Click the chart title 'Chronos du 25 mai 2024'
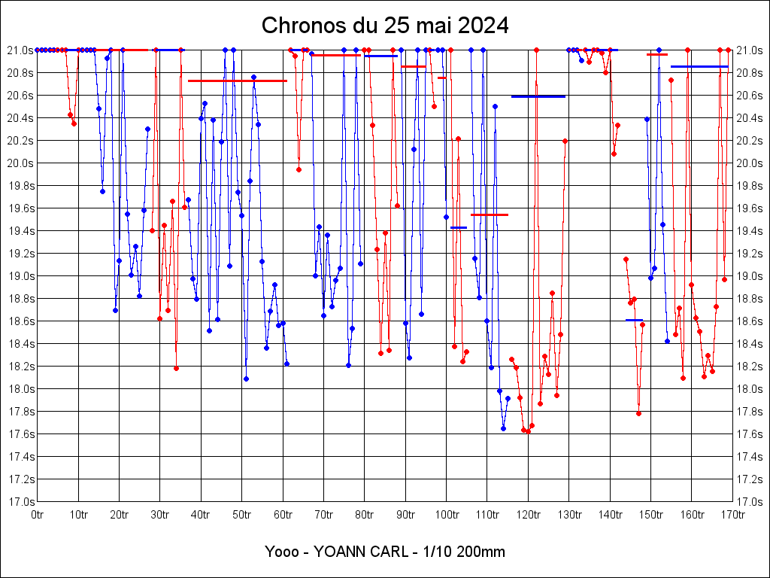385,26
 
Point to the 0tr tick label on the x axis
38,515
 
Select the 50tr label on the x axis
242,515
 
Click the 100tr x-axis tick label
446,515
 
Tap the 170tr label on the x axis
732,515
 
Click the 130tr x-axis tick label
568,515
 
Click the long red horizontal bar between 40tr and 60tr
237,81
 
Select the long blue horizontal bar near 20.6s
538,96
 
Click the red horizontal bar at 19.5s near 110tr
490,214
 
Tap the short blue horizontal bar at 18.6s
634,320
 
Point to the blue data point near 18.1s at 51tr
246,379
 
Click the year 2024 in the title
483,26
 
